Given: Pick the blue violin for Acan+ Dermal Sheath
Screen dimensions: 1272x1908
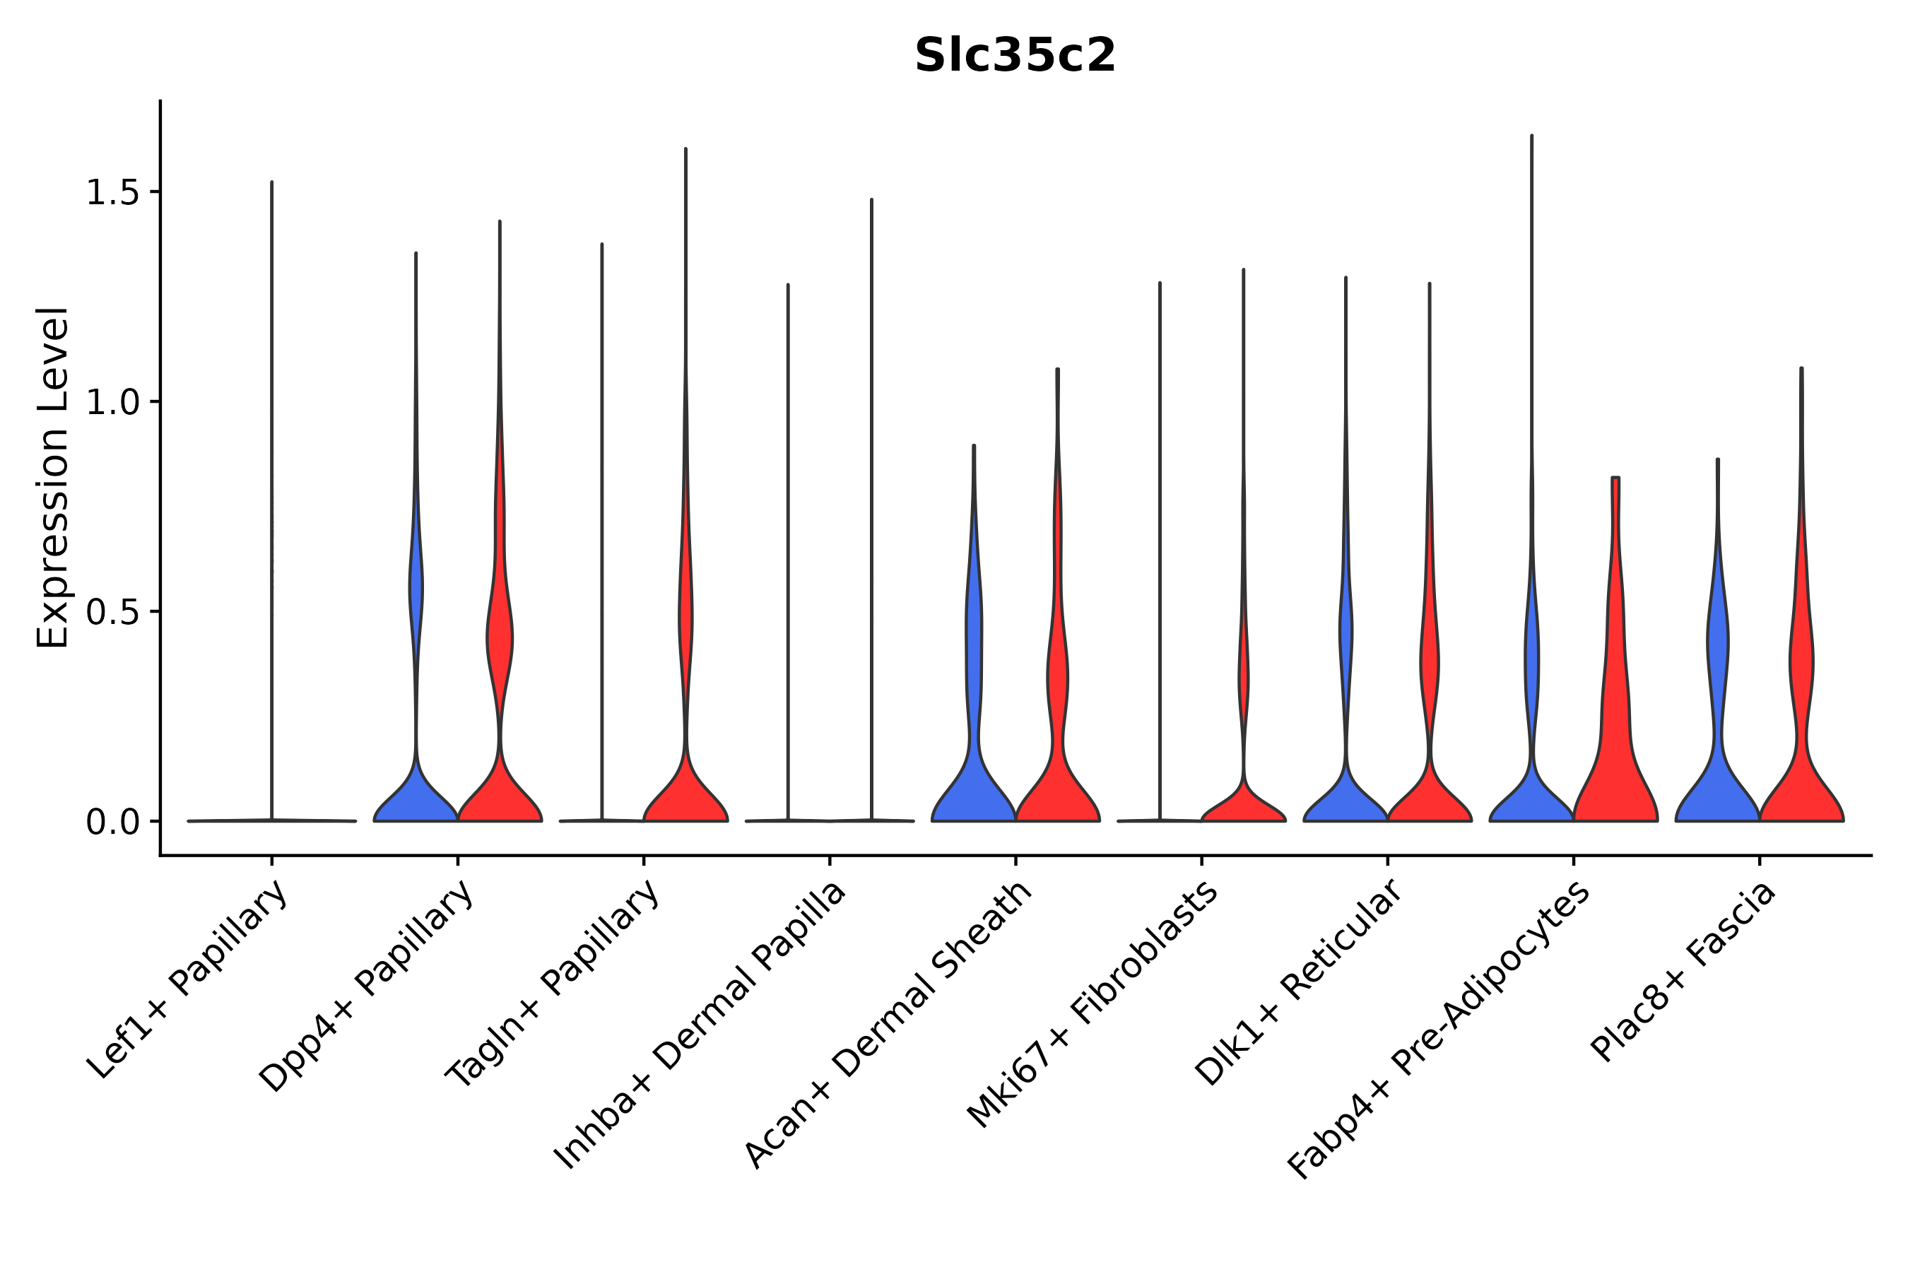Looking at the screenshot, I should (x=974, y=779).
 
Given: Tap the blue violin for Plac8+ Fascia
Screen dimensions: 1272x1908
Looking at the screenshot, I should (x=1717, y=779).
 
